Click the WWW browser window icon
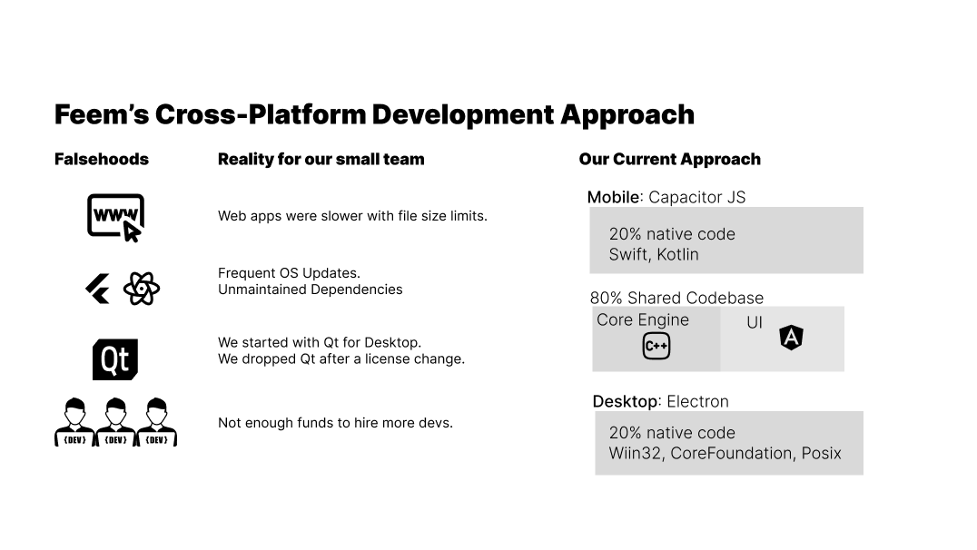pyautogui.click(x=115, y=218)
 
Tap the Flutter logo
pyautogui.click(x=97, y=290)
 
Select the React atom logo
pyautogui.click(x=142, y=290)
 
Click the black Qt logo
pyautogui.click(x=115, y=359)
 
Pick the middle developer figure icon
pyautogui.click(x=115, y=422)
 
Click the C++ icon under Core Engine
pyautogui.click(x=656, y=346)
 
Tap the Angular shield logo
pyautogui.click(x=792, y=338)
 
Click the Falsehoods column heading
pyautogui.click(x=101, y=160)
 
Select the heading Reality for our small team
pyautogui.click(x=321, y=160)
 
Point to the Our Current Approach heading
pyautogui.click(x=669, y=160)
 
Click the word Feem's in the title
pyautogui.click(x=101, y=115)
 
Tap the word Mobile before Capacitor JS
pyautogui.click(x=613, y=198)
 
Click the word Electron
pyautogui.click(x=697, y=401)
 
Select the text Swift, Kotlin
pyautogui.click(x=654, y=254)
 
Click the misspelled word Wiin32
pyautogui.click(x=635, y=453)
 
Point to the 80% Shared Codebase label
pyautogui.click(x=676, y=298)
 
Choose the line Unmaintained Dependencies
pyautogui.click(x=310, y=290)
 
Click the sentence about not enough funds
pyautogui.click(x=335, y=423)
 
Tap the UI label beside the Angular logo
pyautogui.click(x=754, y=323)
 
